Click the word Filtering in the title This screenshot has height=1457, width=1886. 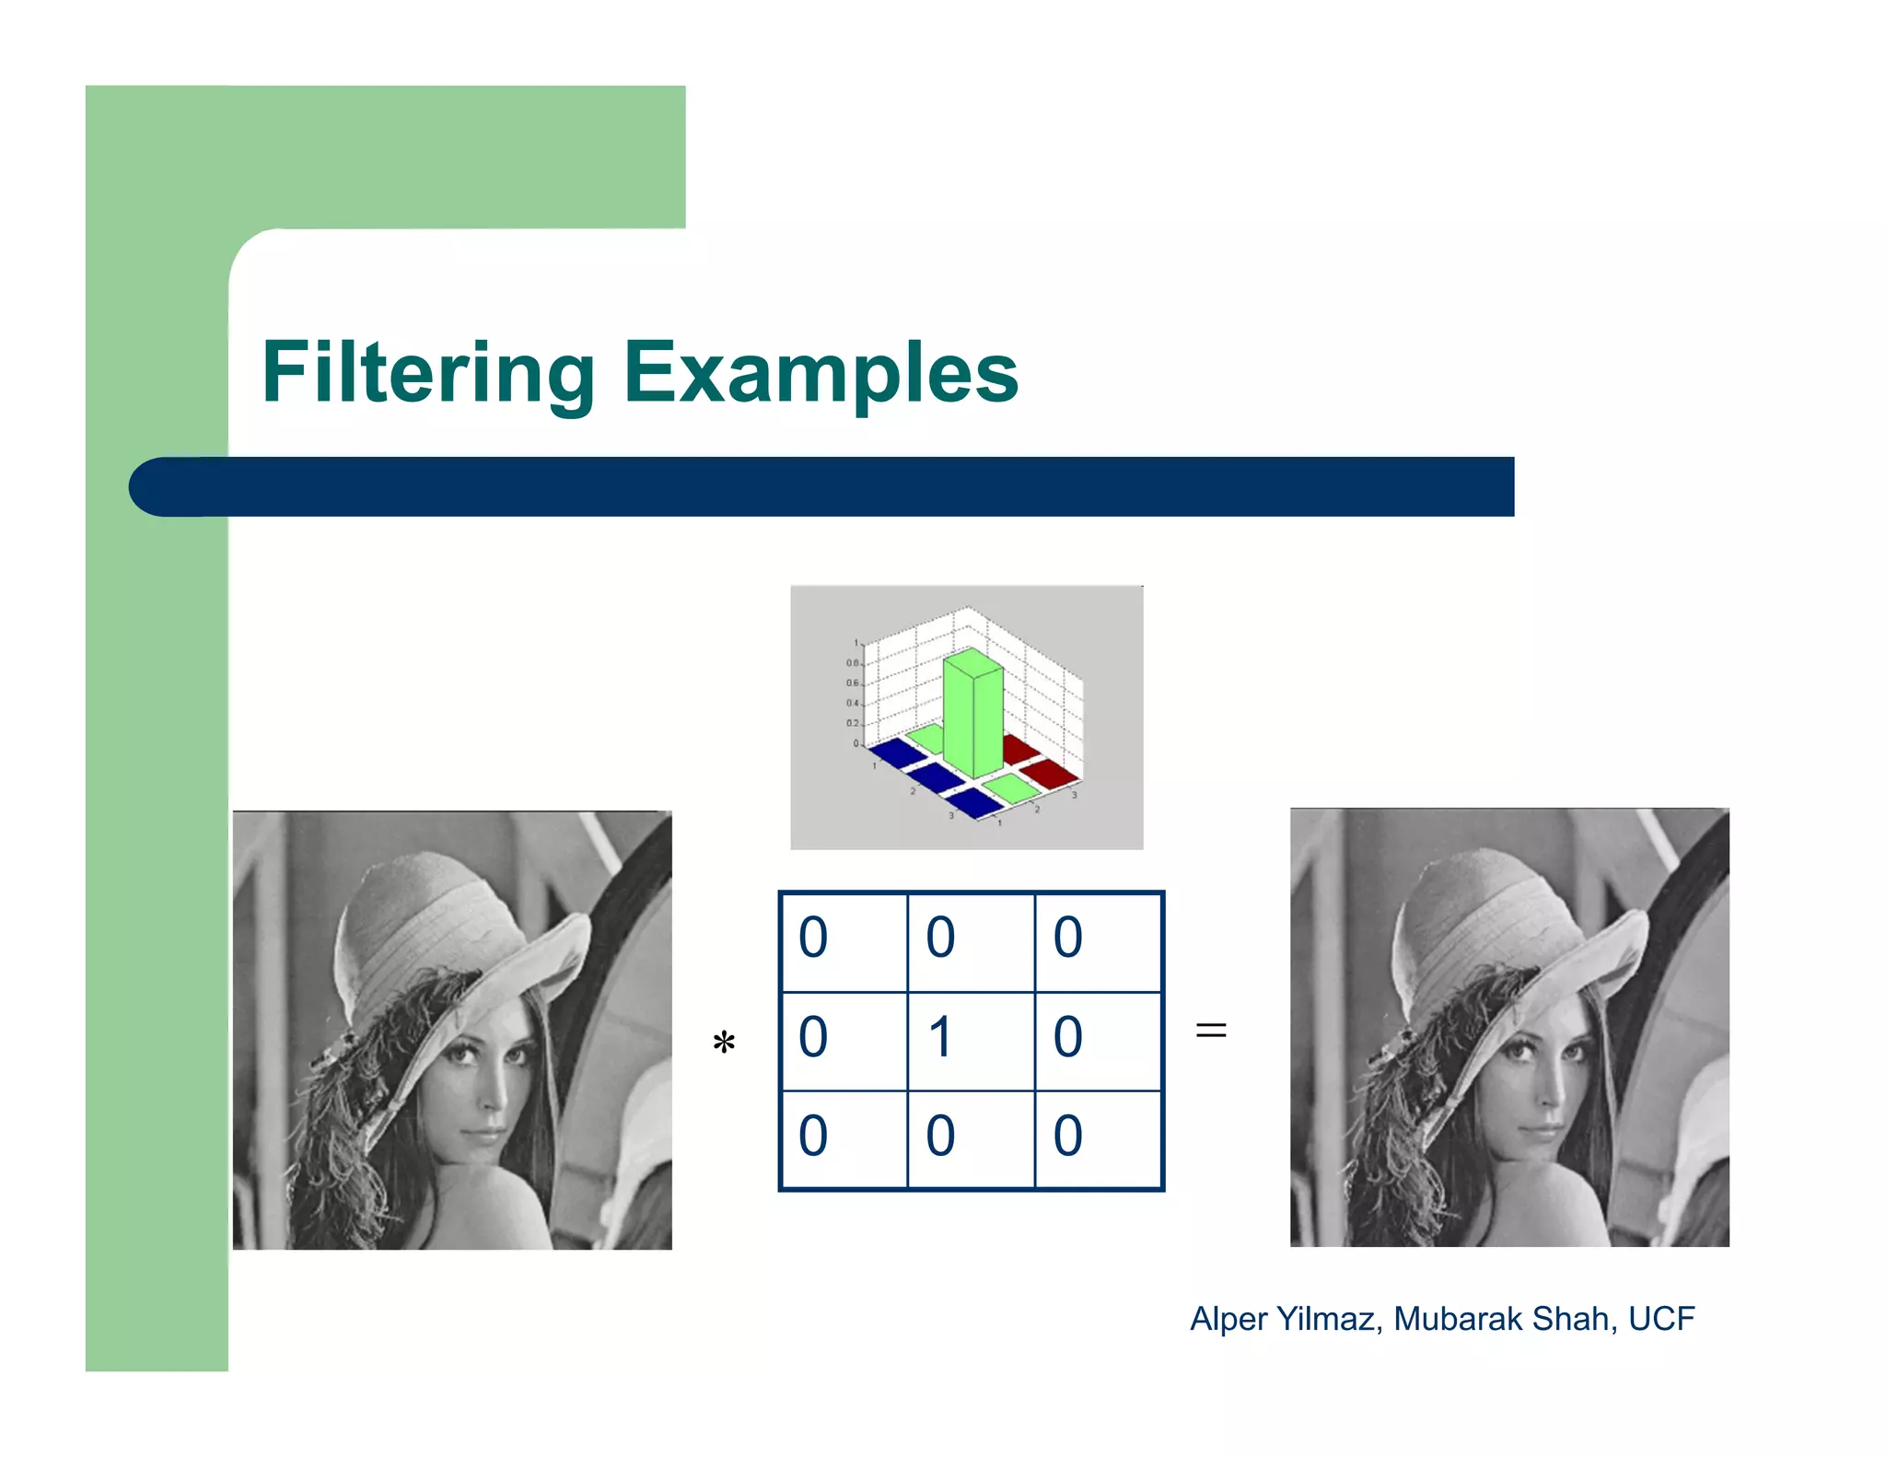pos(428,373)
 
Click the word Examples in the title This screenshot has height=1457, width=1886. pos(821,373)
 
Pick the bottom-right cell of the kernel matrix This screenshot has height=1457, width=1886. pos(1098,1139)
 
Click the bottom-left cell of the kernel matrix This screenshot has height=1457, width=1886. pos(844,1139)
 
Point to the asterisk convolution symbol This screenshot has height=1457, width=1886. pos(724,1043)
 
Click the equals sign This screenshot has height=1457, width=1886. pos(1211,1030)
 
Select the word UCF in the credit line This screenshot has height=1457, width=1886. pos(1661,1319)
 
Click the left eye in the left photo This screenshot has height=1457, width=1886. pos(458,1054)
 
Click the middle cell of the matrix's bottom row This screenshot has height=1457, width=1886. pos(971,1139)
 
